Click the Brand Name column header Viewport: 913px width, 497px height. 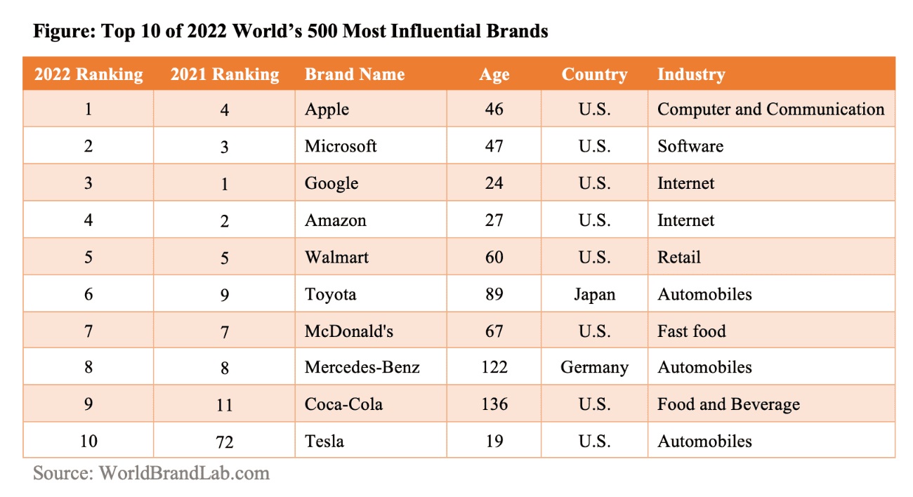355,74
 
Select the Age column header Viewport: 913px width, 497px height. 494,74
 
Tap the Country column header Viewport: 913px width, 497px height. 594,74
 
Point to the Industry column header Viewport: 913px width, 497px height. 691,74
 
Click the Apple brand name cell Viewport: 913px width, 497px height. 327,110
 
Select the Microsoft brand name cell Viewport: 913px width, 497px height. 341,146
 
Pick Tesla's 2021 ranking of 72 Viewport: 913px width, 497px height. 225,442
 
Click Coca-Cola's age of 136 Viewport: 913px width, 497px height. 494,404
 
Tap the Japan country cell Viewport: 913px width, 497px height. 594,294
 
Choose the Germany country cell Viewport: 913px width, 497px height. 594,367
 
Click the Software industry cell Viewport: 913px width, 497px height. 690,146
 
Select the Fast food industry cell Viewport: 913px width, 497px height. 692,331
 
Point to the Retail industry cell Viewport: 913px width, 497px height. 679,257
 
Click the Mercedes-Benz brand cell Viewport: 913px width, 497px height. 362,367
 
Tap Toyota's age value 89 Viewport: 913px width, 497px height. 494,294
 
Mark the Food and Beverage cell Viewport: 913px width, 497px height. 728,404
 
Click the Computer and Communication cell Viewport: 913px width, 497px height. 770,110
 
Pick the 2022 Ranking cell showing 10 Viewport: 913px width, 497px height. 88,442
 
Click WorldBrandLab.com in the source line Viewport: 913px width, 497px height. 184,473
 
